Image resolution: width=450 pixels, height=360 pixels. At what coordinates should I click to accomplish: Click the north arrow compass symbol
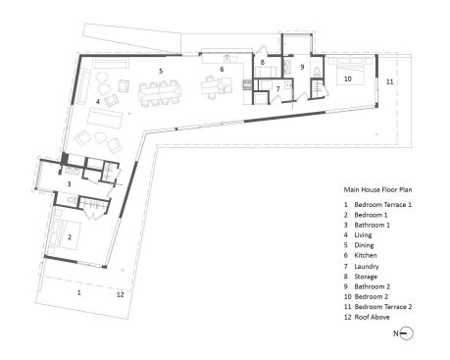(x=406, y=334)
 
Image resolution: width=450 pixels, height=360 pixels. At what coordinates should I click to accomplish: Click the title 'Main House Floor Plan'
(x=377, y=189)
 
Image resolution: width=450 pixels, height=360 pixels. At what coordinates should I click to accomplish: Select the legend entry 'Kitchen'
(x=366, y=255)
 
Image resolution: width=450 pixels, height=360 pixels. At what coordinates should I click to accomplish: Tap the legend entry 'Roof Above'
(x=372, y=317)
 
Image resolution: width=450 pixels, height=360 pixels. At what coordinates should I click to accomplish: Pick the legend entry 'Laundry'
(x=367, y=267)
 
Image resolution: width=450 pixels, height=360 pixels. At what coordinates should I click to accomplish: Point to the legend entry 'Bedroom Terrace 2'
(x=383, y=307)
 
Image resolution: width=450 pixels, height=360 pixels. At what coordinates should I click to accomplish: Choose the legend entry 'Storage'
(x=366, y=277)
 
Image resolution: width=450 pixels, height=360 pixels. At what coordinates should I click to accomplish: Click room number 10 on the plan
(x=348, y=78)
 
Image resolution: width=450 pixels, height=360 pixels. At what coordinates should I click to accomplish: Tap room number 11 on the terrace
(x=389, y=81)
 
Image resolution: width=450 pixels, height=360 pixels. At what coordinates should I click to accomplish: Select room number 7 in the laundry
(x=277, y=89)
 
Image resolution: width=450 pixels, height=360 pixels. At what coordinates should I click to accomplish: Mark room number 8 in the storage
(x=263, y=62)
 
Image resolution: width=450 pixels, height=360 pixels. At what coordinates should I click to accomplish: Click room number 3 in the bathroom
(x=69, y=184)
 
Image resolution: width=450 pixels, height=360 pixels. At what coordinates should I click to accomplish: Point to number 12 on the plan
(x=121, y=294)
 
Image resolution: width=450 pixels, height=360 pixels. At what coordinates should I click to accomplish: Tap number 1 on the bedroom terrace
(x=78, y=292)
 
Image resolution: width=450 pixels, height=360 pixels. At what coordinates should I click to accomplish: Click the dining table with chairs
(x=160, y=93)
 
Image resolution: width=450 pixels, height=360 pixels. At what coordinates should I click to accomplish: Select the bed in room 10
(x=350, y=71)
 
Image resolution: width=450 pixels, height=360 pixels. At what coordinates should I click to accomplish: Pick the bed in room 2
(x=64, y=234)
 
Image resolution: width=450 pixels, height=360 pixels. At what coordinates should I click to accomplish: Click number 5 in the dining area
(x=161, y=71)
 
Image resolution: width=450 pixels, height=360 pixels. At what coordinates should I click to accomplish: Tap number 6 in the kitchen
(x=222, y=69)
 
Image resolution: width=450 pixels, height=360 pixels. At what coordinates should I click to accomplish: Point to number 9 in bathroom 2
(x=302, y=67)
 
